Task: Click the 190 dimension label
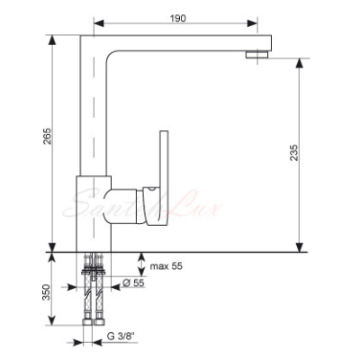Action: tap(178, 18)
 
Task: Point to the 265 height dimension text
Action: tap(48, 136)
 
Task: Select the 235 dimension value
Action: tap(294, 153)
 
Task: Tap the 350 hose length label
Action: tap(47, 292)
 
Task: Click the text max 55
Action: tap(166, 266)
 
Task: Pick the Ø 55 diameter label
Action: tap(134, 283)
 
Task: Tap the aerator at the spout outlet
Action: tap(256, 54)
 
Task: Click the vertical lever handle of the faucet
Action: tap(165, 177)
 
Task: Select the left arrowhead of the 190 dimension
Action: tap(99, 23)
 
